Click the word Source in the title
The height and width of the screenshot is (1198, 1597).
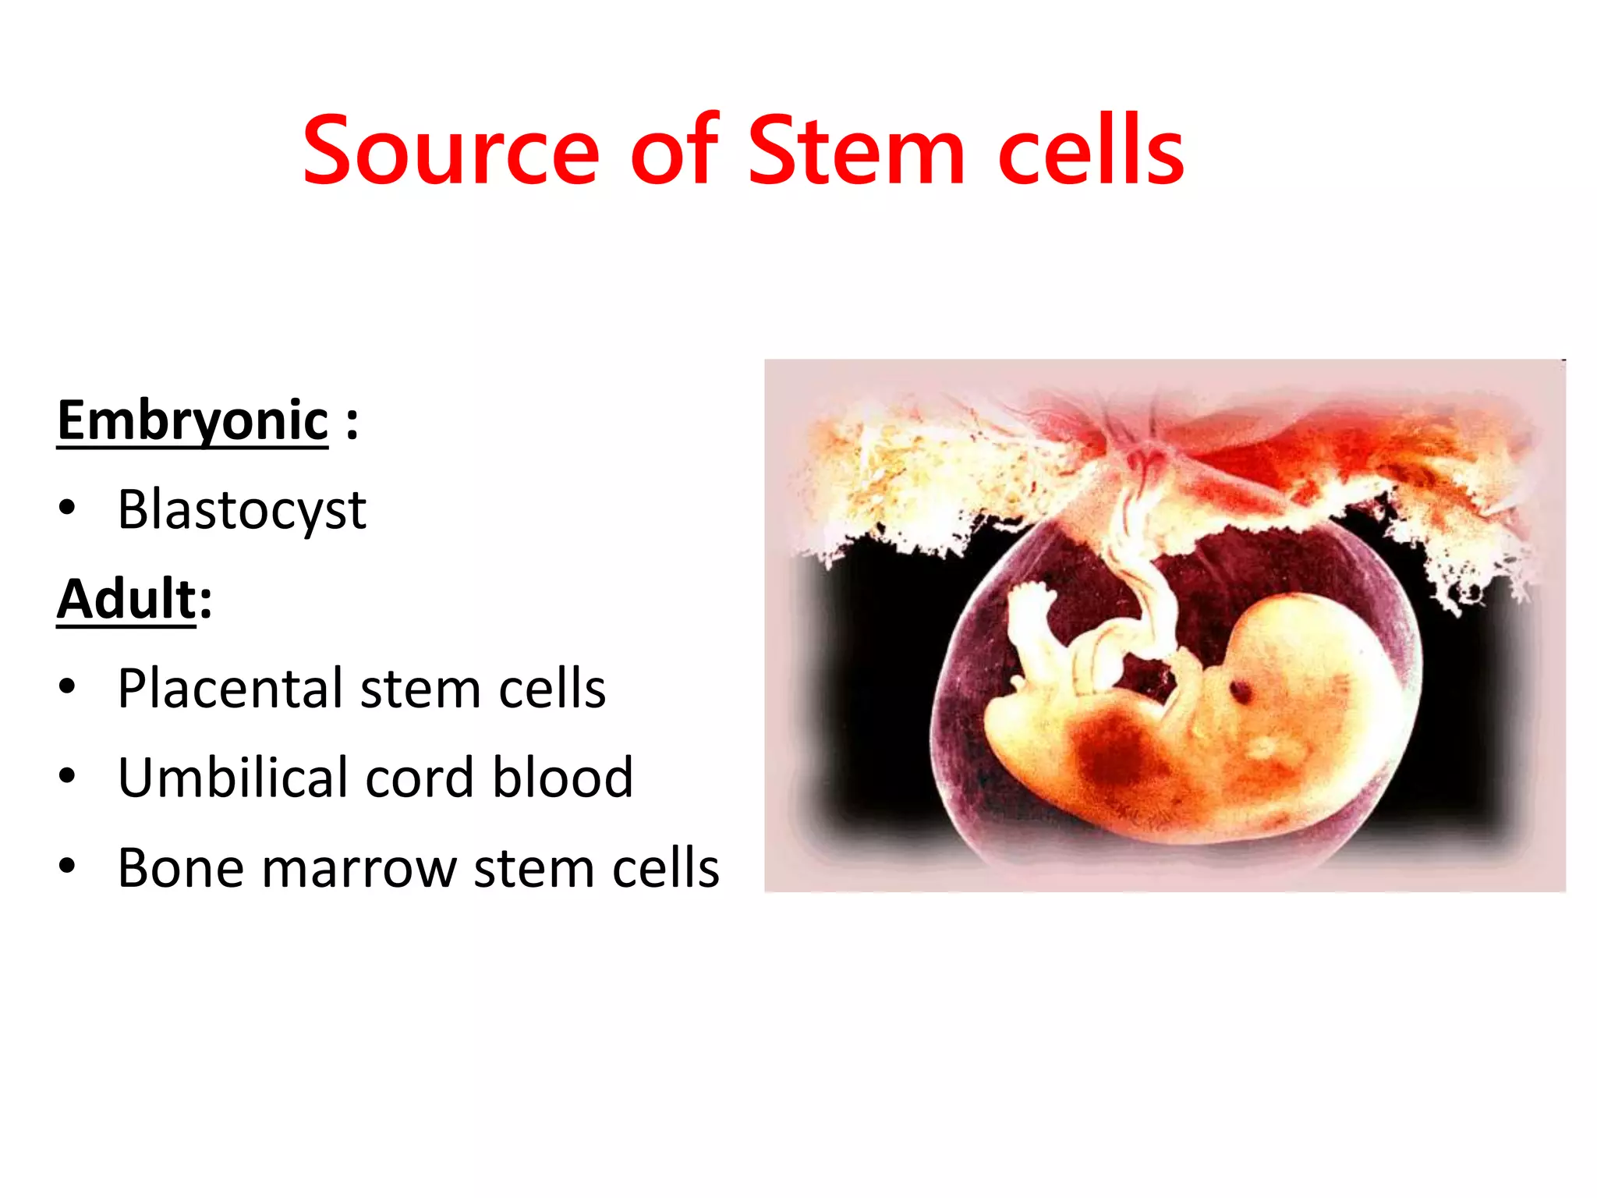click(451, 152)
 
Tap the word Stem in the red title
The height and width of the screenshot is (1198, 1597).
click(856, 152)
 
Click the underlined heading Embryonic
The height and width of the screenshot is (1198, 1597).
click(193, 422)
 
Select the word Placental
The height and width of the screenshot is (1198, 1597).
click(231, 689)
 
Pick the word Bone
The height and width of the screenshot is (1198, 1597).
click(181, 868)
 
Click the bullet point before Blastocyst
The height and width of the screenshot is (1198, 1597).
click(67, 509)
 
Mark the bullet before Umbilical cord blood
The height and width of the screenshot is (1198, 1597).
click(67, 777)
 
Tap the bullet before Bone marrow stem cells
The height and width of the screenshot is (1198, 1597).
click(67, 866)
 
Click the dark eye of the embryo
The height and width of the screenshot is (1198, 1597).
click(1239, 689)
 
